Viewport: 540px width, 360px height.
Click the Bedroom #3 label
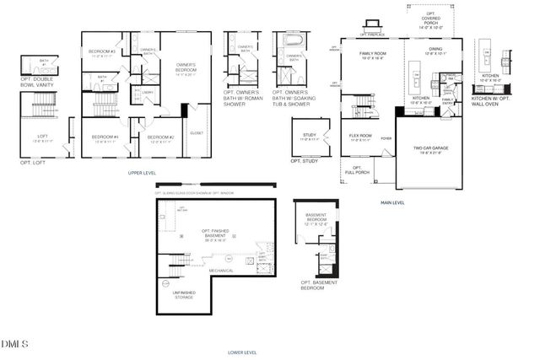coord(101,53)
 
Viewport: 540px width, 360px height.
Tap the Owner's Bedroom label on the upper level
coord(186,67)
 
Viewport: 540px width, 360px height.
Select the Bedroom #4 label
coord(105,137)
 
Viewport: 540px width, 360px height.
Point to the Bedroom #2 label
coord(160,138)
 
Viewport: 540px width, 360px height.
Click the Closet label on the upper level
coord(197,132)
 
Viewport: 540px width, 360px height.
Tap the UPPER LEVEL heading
coord(141,172)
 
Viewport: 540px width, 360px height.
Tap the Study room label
coord(308,137)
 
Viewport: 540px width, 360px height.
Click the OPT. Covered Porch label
coord(431,23)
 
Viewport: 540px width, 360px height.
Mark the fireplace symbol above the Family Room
coord(368,33)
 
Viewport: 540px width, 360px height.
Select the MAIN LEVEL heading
coord(393,202)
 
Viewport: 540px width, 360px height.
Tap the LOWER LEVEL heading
coord(242,352)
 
